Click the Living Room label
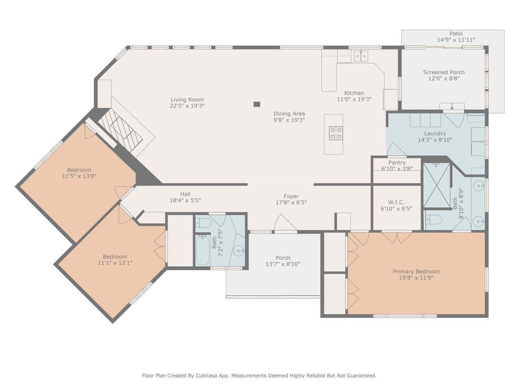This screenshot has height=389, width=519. click(187, 100)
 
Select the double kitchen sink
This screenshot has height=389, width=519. click(361, 56)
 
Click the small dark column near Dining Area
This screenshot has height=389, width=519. click(257, 104)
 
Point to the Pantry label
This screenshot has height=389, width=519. click(397, 162)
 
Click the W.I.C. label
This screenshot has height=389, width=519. click(396, 203)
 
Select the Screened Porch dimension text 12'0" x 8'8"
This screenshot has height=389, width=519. click(444, 79)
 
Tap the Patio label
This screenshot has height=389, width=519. click(456, 34)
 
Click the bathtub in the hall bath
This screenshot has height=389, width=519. click(203, 250)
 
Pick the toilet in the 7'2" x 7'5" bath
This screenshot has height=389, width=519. click(204, 222)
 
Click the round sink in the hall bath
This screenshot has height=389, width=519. click(239, 250)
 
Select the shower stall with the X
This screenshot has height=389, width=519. click(436, 186)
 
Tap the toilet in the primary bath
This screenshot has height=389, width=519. click(433, 220)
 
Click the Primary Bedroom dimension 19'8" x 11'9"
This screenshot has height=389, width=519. click(416, 278)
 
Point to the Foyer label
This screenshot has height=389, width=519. click(291, 196)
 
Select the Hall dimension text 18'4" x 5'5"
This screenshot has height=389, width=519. click(185, 201)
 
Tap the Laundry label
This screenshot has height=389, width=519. click(435, 134)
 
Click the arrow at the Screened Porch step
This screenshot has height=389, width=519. click(452, 107)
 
